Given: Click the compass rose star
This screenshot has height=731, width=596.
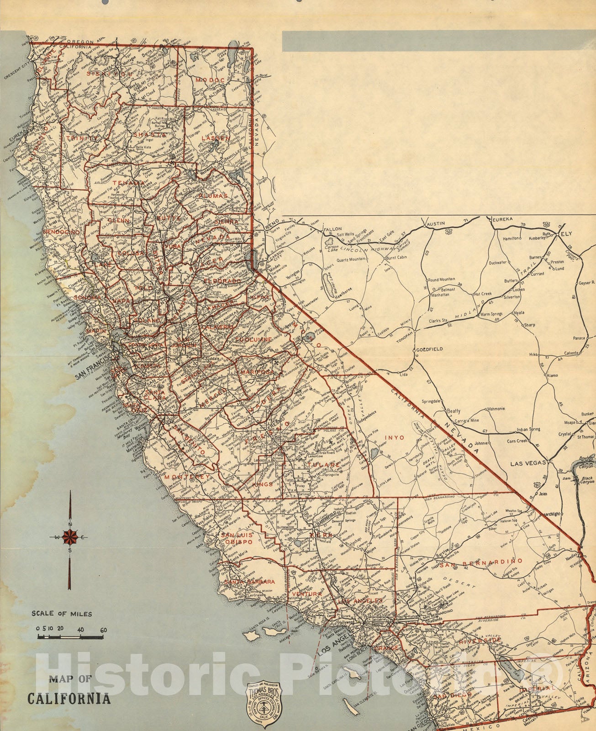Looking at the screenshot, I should coord(70,537).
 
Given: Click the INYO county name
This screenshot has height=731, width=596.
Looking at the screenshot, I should coord(396,437).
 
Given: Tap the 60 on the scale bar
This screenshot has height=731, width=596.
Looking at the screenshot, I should coord(104,630).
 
